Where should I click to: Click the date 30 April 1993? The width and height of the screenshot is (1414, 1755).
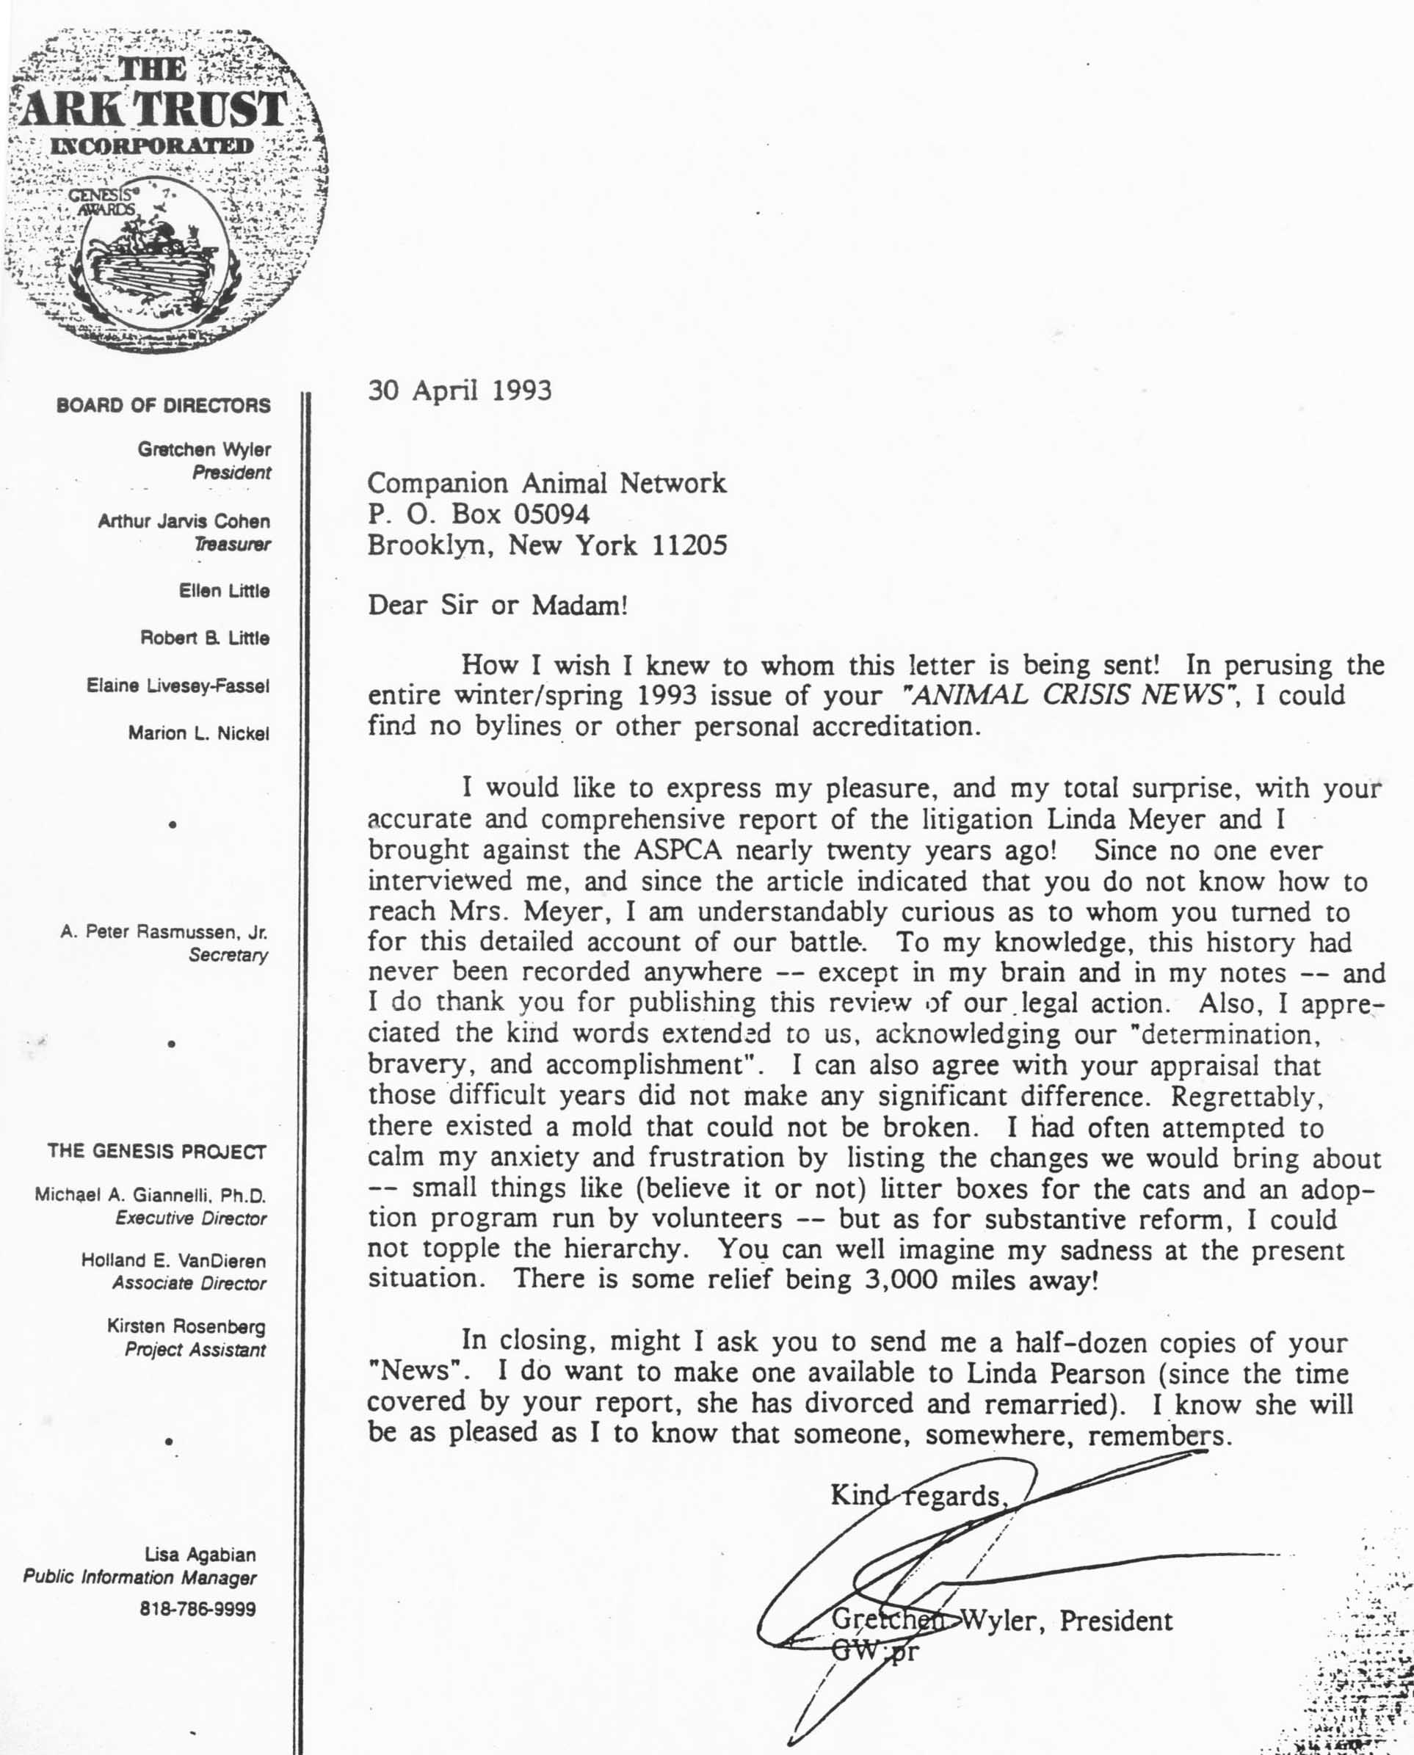460,391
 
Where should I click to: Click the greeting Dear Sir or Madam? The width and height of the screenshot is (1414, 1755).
498,605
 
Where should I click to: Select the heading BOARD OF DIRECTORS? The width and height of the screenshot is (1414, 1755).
163,406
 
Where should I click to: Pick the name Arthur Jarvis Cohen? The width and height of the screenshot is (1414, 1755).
184,521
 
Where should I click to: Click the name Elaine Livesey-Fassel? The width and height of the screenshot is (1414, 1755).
178,686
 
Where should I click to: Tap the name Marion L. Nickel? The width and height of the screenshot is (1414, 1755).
198,733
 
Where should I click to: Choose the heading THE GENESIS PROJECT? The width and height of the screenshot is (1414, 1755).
156,1152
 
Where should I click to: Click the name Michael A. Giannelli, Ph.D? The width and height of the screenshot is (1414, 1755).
151,1196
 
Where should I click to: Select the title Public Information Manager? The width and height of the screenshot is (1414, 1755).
139,1577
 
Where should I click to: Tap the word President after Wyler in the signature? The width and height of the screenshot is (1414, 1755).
1116,1621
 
